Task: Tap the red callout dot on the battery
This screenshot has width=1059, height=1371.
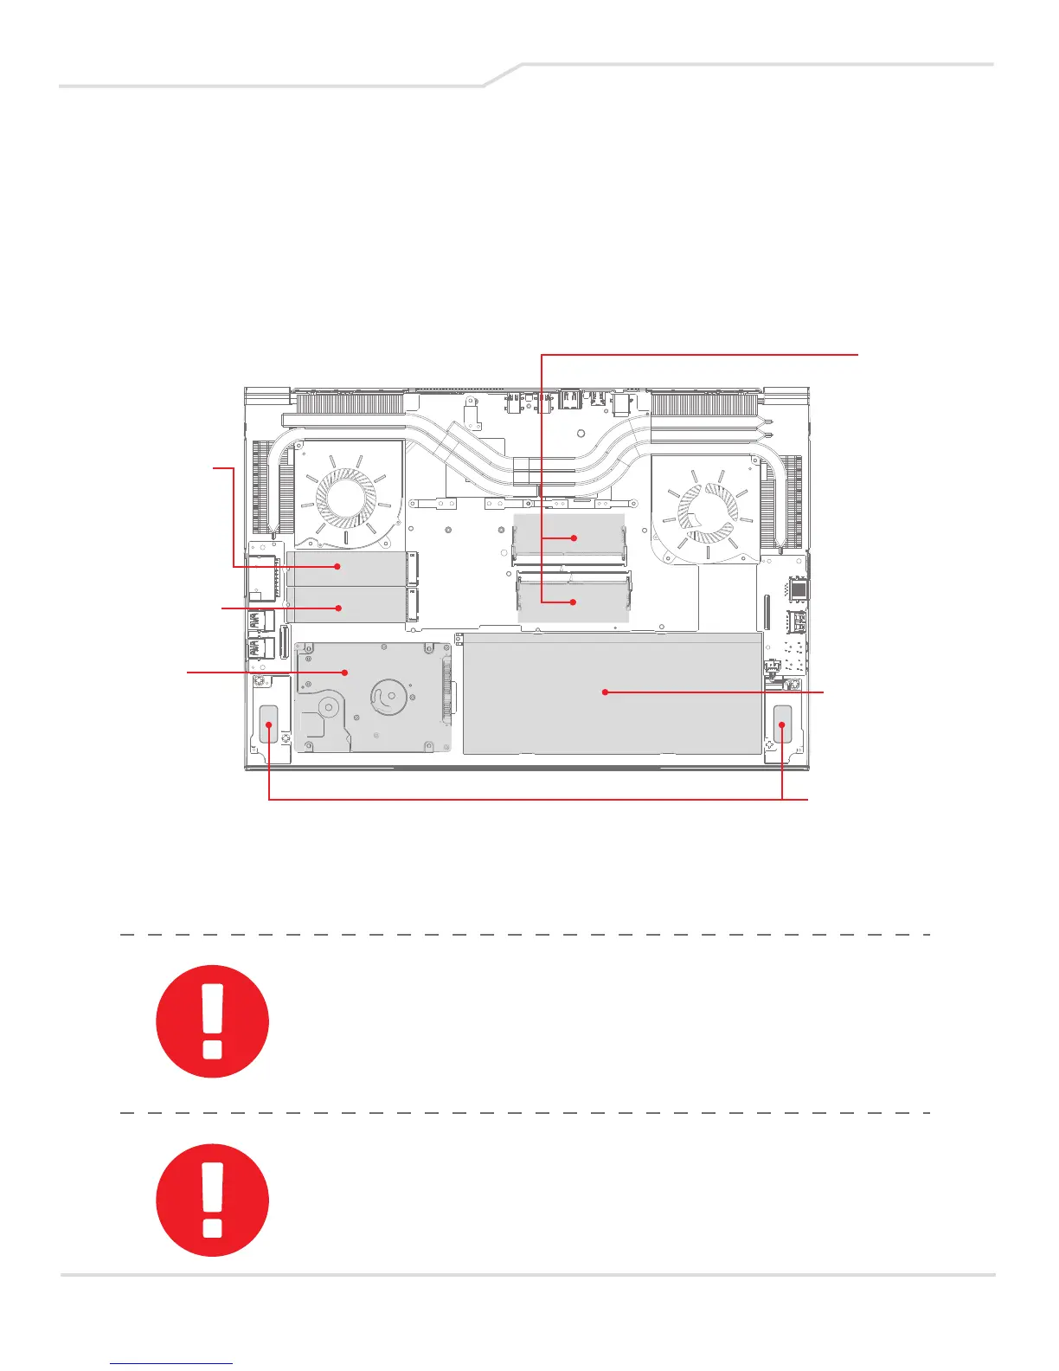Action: coord(606,692)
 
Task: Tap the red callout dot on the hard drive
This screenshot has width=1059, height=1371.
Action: coord(345,672)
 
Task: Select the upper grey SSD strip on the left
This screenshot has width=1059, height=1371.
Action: coord(346,568)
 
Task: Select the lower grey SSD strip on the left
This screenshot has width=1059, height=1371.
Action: coord(346,606)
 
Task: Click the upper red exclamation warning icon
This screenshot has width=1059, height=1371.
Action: coord(212,1021)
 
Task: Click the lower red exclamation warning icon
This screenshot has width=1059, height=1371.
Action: coord(212,1200)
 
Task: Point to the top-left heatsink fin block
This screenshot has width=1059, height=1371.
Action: coord(350,403)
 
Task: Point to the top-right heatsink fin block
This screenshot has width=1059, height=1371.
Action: coord(705,403)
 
